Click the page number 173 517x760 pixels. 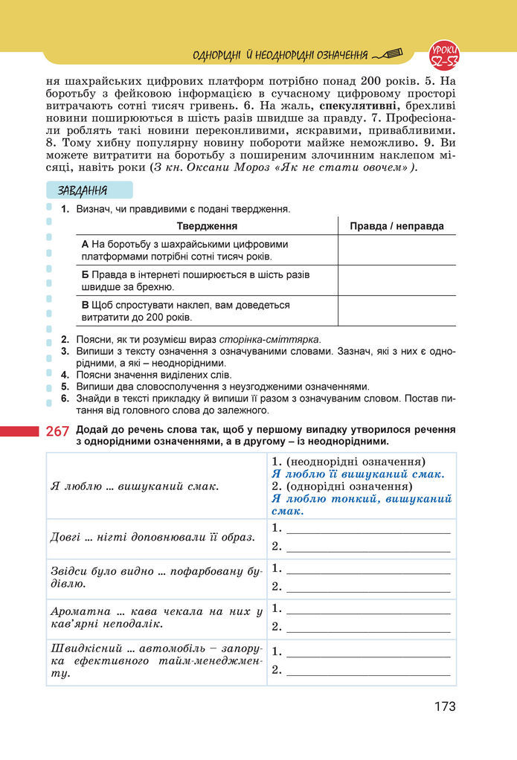click(x=445, y=706)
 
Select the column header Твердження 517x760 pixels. click(x=207, y=226)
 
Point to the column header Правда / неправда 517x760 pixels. click(x=396, y=226)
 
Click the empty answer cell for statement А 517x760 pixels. click(x=396, y=250)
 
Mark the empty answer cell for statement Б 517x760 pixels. click(x=396, y=280)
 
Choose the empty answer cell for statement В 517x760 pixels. click(x=396, y=311)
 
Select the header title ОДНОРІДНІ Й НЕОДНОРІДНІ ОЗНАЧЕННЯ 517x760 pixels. click(x=280, y=55)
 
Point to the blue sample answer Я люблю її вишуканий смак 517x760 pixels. click(x=358, y=474)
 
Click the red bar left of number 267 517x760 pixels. click(x=19, y=431)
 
